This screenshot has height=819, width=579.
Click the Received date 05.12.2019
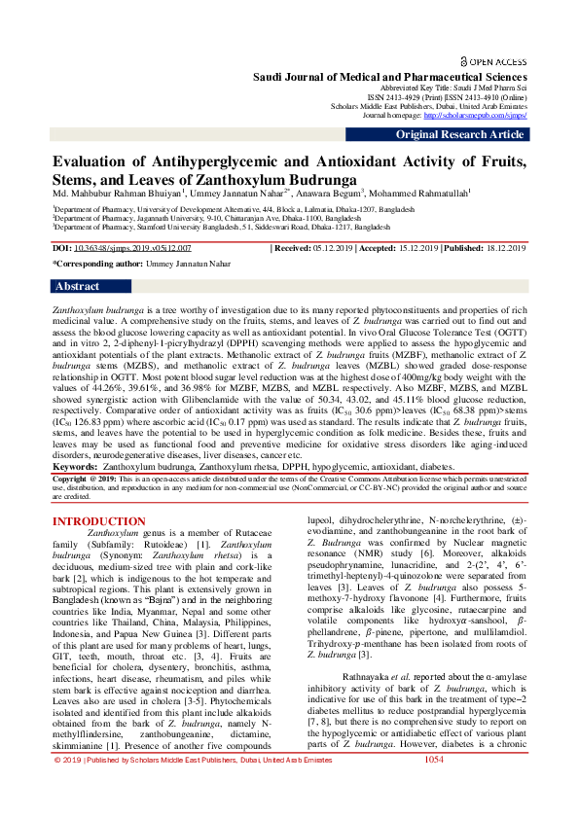point(333,249)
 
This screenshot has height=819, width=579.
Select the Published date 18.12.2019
point(504,249)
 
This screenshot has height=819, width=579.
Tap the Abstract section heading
point(77,287)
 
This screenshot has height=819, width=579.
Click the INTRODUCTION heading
point(98,521)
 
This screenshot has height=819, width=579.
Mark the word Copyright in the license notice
point(70,480)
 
